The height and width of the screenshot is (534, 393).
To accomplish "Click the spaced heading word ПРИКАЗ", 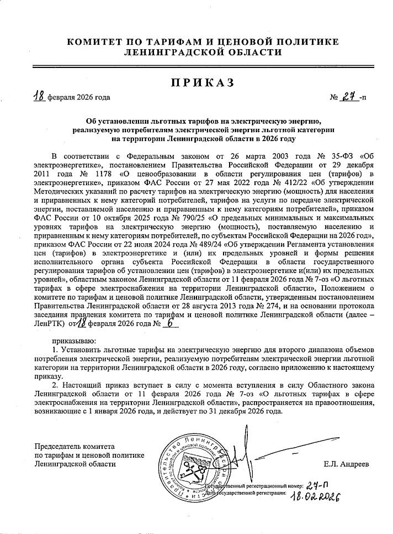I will tap(202, 83).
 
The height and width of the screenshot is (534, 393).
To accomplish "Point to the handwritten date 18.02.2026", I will tap(313, 494).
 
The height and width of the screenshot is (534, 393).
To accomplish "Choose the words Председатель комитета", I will tap(74, 446).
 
